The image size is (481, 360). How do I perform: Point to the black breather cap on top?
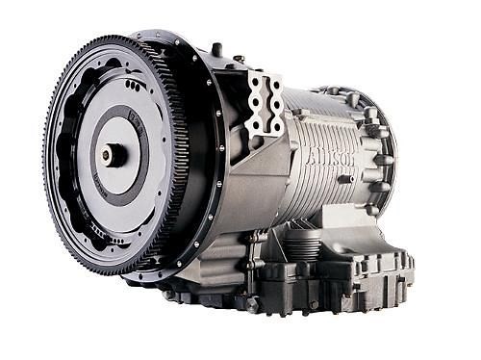coord(216,49)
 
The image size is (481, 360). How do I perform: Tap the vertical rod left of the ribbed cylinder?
coord(258,260)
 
